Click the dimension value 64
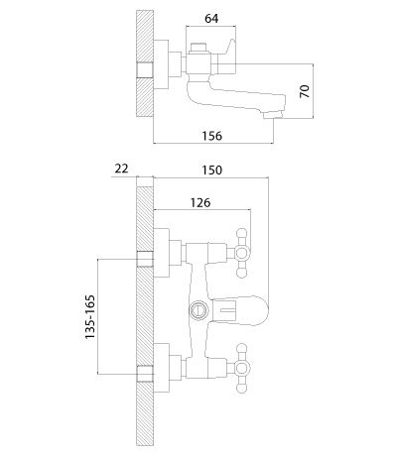pyautogui.click(x=211, y=18)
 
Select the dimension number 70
pyautogui.click(x=305, y=91)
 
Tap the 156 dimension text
pyautogui.click(x=212, y=136)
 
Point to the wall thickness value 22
pyautogui.click(x=121, y=169)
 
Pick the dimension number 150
pyautogui.click(x=212, y=170)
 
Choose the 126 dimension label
pyautogui.click(x=200, y=202)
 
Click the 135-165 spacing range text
pyautogui.click(x=90, y=316)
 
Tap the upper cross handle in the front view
pyautogui.click(x=241, y=253)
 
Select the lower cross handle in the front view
pyautogui.click(x=241, y=368)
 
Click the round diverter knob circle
pyautogui.click(x=198, y=310)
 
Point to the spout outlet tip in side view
pyautogui.click(x=273, y=114)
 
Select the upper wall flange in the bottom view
pyautogui.click(x=162, y=253)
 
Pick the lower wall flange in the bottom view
pyautogui.click(x=162, y=368)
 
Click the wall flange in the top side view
pyautogui.click(x=161, y=64)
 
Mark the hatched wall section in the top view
pyautogui.click(x=145, y=63)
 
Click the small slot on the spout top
pyautogui.click(x=227, y=310)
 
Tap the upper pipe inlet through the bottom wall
pyautogui.click(x=145, y=259)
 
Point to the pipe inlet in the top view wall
pyautogui.click(x=145, y=70)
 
